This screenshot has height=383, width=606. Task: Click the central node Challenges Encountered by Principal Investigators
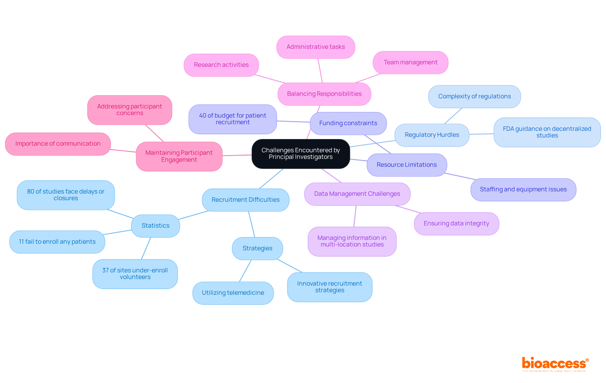pos(300,154)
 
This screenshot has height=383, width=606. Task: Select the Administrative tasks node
pos(316,47)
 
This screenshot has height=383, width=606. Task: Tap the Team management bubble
pos(410,62)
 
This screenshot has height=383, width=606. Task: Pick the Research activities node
pos(221,65)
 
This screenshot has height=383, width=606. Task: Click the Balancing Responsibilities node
pos(324,94)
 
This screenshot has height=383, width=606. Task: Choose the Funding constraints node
pos(348,123)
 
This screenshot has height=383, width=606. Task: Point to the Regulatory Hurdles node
pos(432,135)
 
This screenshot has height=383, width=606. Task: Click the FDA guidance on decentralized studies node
pos(547,132)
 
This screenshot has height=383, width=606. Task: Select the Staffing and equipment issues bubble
pos(523,189)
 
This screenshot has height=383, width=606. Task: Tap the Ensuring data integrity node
pos(456,223)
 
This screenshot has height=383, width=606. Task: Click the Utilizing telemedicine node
pos(233,293)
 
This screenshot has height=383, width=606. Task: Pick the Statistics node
pos(155,226)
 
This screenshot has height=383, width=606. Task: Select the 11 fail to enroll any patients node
pos(57,242)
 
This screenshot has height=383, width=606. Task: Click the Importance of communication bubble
pos(58,144)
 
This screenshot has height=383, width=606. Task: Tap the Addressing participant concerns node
pos(129,110)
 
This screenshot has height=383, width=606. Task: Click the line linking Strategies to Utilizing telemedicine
pos(245,271)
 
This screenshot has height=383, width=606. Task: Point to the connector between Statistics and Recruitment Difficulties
pos(193,215)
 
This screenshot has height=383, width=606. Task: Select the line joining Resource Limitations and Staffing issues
pos(460,176)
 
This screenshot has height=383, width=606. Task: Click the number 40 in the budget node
pos(202,116)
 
